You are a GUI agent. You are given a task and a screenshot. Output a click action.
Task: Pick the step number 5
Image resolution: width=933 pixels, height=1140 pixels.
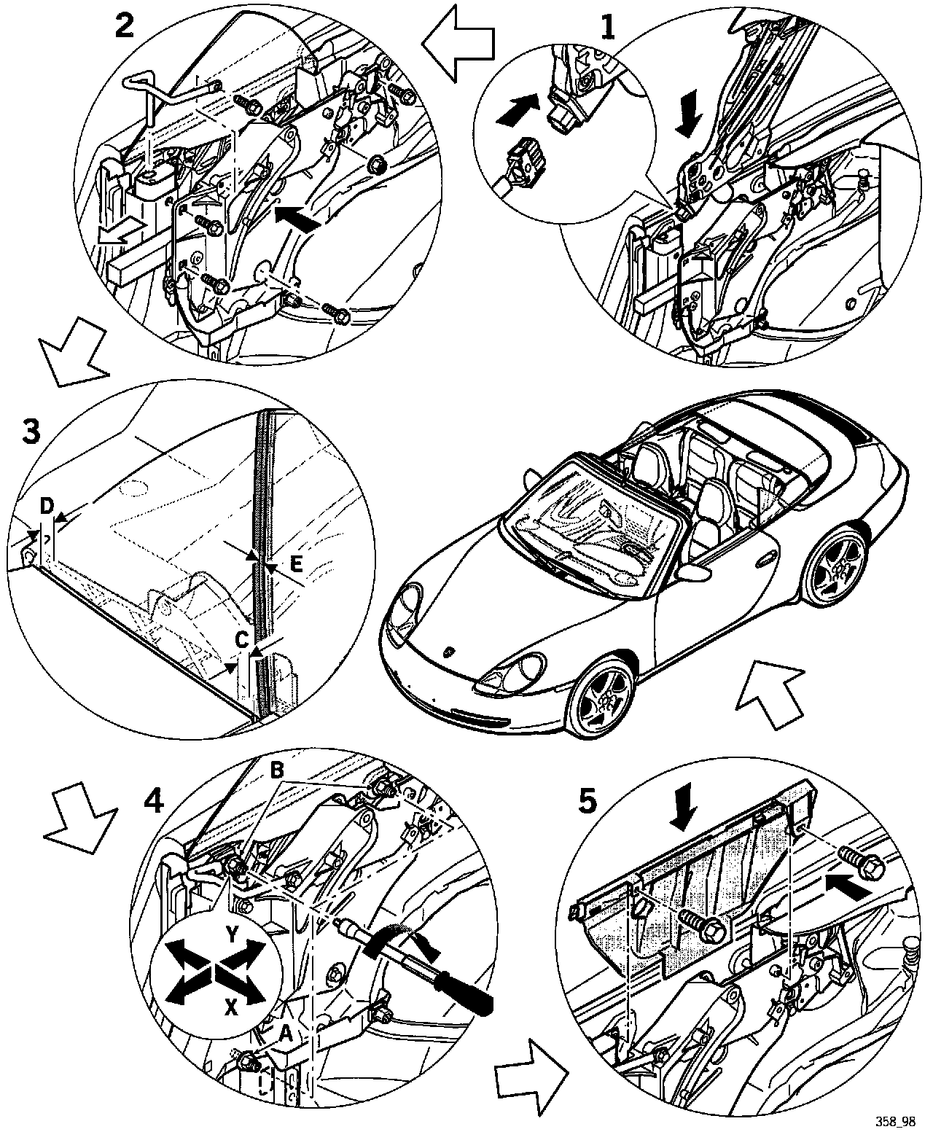click(x=587, y=802)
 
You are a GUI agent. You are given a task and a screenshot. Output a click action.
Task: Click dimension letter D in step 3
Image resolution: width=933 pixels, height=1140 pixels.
click(x=47, y=506)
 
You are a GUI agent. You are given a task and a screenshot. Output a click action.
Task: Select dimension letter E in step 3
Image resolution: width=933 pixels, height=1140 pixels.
click(x=294, y=562)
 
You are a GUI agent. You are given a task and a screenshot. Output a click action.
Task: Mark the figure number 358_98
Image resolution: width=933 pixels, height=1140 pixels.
click(x=895, y=1121)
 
